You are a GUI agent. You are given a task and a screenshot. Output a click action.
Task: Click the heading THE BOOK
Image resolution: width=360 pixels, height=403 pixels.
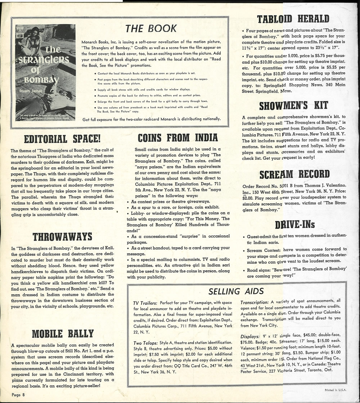[x=151, y=28]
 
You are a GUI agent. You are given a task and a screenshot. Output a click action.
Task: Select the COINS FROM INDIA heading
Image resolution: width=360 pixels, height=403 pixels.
[x=178, y=137]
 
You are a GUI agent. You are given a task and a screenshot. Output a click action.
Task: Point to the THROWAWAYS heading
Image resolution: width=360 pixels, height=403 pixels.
[x=62, y=237]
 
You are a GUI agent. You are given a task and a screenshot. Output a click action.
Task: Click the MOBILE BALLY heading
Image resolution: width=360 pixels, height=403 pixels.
[x=63, y=334]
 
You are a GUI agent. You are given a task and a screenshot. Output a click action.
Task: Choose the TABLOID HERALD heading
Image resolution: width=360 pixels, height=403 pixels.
[x=293, y=19]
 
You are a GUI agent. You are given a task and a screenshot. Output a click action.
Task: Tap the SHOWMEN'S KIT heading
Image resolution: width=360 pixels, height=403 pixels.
[x=293, y=105]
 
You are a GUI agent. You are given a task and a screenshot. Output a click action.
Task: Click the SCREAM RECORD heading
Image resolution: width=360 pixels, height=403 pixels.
[x=294, y=175]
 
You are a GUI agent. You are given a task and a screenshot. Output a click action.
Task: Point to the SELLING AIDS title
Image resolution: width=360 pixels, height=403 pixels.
[x=236, y=291]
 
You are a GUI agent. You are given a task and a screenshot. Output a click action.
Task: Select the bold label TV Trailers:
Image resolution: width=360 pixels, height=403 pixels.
[x=145, y=303]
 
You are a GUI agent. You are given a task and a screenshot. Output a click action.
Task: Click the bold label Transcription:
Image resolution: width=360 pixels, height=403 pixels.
[x=255, y=302]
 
